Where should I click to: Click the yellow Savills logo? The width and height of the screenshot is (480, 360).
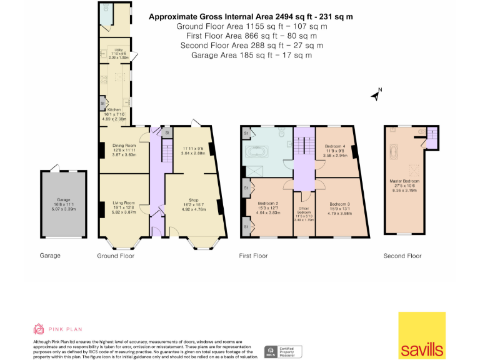click(422, 335)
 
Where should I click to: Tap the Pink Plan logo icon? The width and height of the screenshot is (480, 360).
click(39, 329)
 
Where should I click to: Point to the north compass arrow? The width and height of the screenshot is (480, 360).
click(376, 96)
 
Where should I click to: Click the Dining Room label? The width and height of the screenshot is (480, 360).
click(124, 146)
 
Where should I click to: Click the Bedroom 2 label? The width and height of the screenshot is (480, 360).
click(267, 204)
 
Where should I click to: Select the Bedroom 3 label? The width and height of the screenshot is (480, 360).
click(339, 204)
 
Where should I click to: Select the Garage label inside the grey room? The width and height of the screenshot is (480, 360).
click(62, 200)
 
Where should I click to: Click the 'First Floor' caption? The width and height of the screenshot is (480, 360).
click(253, 256)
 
